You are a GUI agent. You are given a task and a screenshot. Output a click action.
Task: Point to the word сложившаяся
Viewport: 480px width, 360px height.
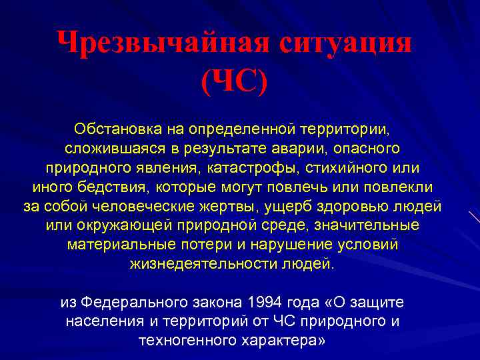(x=106, y=146)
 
